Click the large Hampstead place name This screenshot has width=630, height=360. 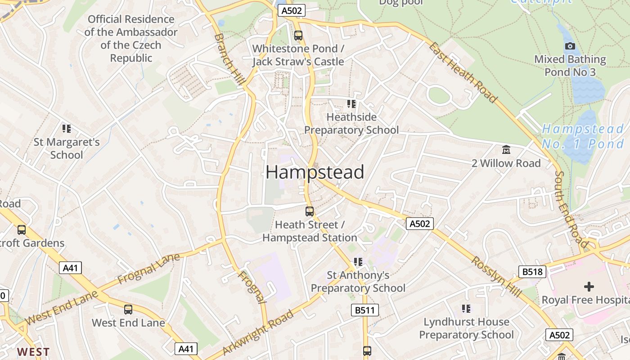pyautogui.click(x=315, y=172)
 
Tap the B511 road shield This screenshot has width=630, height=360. pyautogui.click(x=364, y=310)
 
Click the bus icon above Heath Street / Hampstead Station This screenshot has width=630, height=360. pyautogui.click(x=310, y=211)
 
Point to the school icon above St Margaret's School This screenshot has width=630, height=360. pyautogui.click(x=67, y=129)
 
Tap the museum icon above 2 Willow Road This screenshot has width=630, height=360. pyautogui.click(x=506, y=149)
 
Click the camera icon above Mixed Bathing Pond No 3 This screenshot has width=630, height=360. pyautogui.click(x=570, y=46)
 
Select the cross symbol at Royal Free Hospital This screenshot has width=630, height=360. pyautogui.click(x=589, y=286)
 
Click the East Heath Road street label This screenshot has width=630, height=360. pyautogui.click(x=463, y=72)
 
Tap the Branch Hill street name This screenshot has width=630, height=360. pyautogui.click(x=229, y=59)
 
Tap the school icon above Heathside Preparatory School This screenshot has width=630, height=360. pyautogui.click(x=351, y=104)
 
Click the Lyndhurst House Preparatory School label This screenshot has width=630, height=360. pyautogui.click(x=466, y=328)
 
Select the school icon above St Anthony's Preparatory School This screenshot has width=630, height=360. pyautogui.click(x=358, y=261)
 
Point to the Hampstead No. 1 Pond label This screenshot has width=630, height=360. pyautogui.click(x=583, y=136)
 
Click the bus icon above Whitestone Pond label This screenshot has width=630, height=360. pyautogui.click(x=298, y=35)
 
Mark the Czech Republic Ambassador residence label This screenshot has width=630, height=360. pyautogui.click(x=131, y=39)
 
